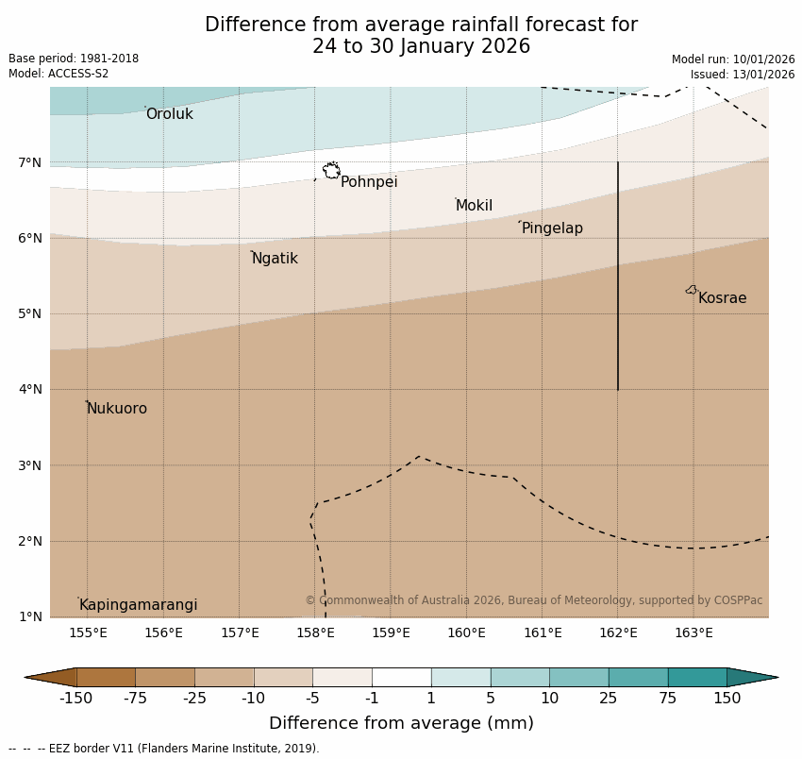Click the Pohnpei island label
point(369,182)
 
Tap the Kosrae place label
point(722,298)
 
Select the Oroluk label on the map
point(169,114)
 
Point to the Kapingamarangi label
point(138,605)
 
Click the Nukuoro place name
point(117,409)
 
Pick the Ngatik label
point(275,259)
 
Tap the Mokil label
point(474,206)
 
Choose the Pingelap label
point(552,228)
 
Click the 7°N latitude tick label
point(30,162)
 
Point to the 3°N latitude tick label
point(30,465)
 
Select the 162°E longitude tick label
point(618,632)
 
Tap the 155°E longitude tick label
point(88,632)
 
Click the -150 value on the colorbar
point(75,699)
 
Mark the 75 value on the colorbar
point(668,699)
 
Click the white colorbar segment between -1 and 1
point(401,677)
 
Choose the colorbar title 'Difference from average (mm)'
point(401,724)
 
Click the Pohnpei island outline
point(331,171)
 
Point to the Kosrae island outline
point(692,290)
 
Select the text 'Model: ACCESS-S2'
point(58,74)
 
